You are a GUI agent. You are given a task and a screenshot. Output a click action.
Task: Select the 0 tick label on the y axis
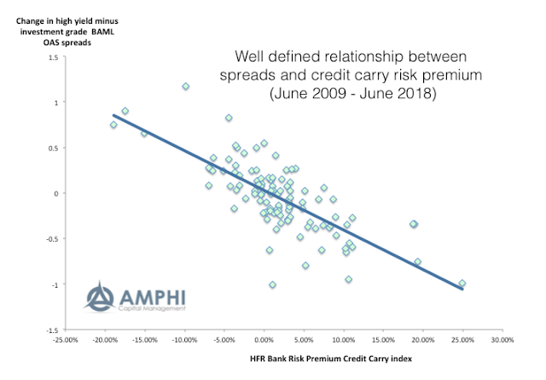[x=54, y=193]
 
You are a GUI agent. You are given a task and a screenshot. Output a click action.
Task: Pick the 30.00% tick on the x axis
[x=501, y=338]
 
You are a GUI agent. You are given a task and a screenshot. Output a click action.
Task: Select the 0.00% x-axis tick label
[x=264, y=338]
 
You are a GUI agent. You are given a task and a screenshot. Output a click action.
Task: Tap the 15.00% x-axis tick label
[x=382, y=338]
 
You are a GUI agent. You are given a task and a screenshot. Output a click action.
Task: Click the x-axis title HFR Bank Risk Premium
[x=279, y=359]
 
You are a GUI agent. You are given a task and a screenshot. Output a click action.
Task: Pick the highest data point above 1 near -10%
[x=186, y=86]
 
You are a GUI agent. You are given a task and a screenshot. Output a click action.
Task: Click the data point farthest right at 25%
[x=462, y=283]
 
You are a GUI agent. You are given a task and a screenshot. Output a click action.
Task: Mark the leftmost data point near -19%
[x=113, y=125]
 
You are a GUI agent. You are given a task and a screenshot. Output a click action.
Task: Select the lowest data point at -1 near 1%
[x=272, y=284]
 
